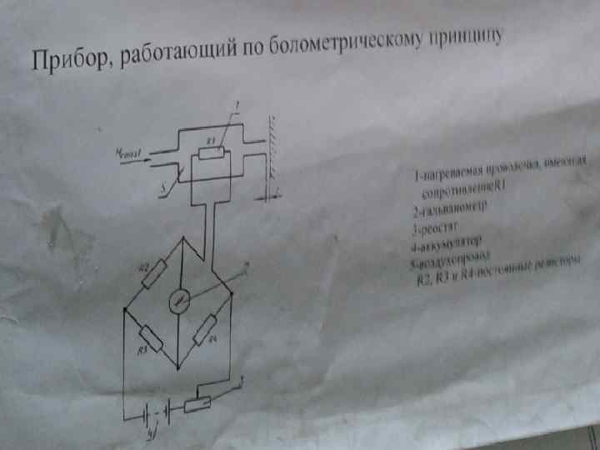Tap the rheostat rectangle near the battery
point(198,402)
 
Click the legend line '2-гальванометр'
point(449,206)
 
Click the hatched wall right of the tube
point(272,154)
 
